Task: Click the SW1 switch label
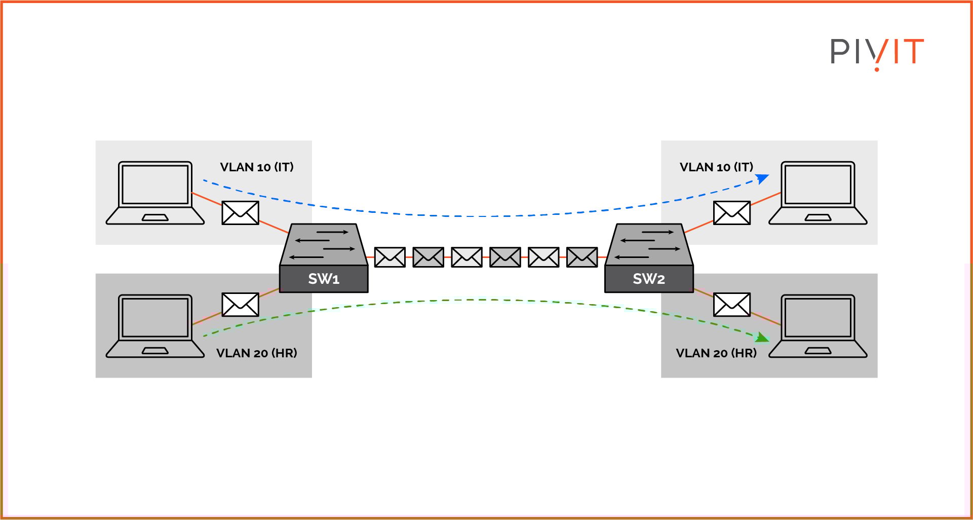click(324, 279)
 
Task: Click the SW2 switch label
click(649, 279)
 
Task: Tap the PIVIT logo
click(877, 52)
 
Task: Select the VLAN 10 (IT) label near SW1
click(257, 167)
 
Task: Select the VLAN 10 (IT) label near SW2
click(716, 167)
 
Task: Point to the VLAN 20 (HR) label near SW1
click(257, 353)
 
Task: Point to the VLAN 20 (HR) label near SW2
click(716, 353)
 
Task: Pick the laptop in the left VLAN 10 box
click(155, 193)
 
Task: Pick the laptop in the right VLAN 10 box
click(818, 193)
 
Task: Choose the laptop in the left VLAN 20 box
click(155, 326)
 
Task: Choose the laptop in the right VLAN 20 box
click(818, 326)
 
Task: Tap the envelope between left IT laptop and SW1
click(241, 213)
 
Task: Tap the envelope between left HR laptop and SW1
click(241, 305)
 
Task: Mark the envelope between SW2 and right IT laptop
click(731, 213)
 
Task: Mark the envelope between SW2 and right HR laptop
click(731, 305)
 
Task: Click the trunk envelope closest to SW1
click(390, 257)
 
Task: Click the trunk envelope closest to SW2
click(582, 257)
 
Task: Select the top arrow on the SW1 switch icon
click(332, 232)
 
